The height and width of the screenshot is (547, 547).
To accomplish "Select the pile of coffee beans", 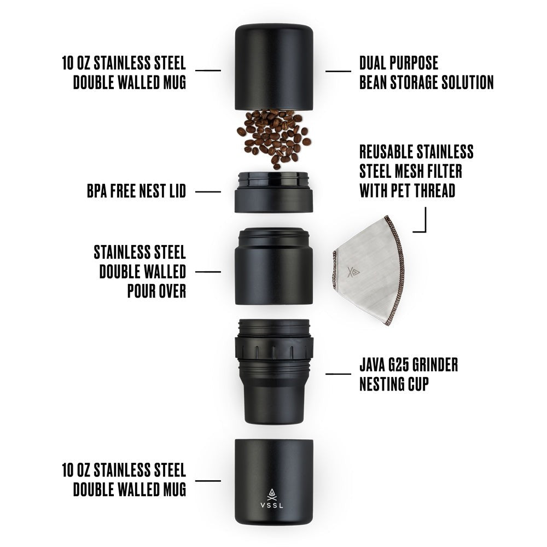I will [x=273, y=137].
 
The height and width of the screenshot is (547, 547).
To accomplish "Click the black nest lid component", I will [x=273, y=193].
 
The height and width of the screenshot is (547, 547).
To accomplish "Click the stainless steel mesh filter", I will [x=369, y=271].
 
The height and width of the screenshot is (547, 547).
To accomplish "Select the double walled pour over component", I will [x=273, y=268].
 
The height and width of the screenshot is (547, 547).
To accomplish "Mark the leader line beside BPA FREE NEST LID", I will [x=208, y=191].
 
